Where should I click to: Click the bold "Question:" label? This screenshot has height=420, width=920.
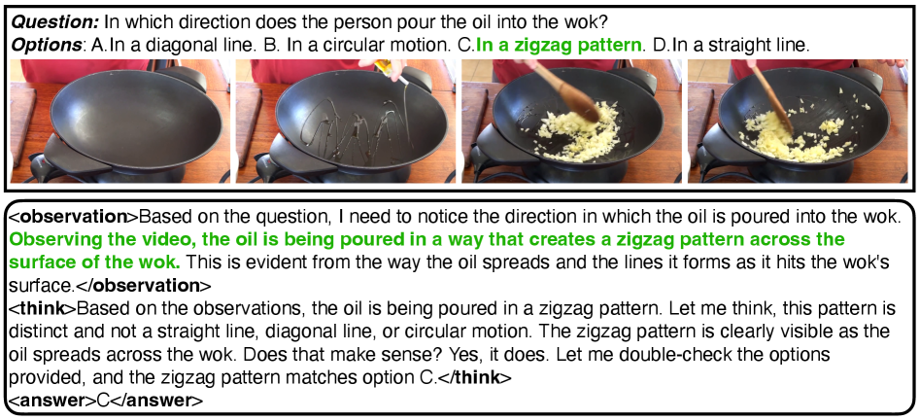55,23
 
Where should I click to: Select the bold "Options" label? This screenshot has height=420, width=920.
47,46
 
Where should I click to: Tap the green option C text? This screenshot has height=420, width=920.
559,46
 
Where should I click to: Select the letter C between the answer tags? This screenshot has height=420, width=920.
103,401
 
